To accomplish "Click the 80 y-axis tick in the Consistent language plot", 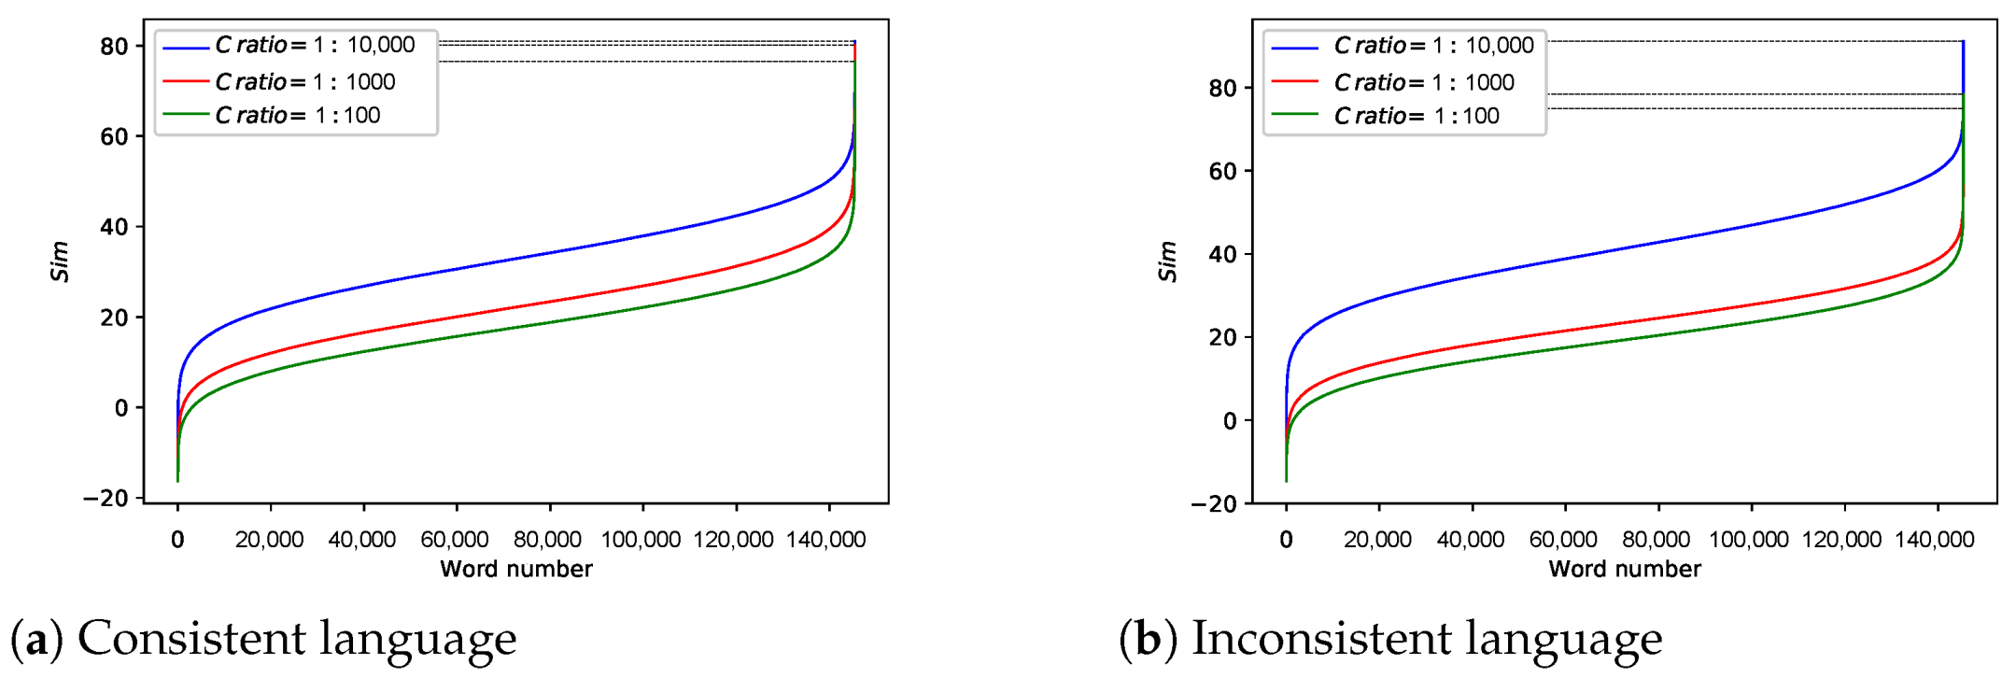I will pos(114,47).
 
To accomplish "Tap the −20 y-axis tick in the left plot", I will pos(106,499).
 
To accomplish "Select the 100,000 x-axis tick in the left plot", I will pos(641,540).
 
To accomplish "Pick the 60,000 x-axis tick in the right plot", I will pos(1563,540).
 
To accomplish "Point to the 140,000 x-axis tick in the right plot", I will pos(1935,540).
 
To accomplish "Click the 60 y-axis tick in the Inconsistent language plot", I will pos(1223,172).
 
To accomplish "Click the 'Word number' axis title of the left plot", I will pos(516,569).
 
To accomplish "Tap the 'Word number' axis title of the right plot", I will pos(1625,569).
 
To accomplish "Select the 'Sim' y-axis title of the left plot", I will pos(60,261).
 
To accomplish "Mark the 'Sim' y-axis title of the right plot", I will pos(1168,261).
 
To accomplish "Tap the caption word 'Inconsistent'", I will pos(1320,639).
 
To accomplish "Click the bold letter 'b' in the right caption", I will pos(1148,640).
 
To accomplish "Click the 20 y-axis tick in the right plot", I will pos(1223,338).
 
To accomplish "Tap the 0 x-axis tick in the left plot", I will pos(177,540).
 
